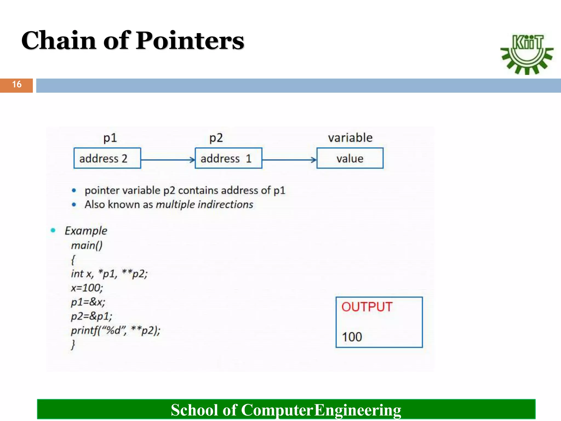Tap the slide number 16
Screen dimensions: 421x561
17,84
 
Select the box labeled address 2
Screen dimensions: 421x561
107,158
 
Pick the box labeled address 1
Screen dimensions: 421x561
228,158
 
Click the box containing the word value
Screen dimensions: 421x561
350,158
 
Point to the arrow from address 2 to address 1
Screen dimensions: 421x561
168,160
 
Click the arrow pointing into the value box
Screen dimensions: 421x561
289,160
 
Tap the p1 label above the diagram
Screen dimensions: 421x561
110,138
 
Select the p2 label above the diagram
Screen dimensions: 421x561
216,138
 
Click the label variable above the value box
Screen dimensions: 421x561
350,138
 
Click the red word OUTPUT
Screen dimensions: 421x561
367,307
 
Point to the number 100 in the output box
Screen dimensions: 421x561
352,337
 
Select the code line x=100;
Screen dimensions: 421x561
87,288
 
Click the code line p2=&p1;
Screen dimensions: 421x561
91,316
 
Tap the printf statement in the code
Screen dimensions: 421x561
115,331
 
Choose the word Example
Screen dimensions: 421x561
86,231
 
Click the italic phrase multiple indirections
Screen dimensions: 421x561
204,204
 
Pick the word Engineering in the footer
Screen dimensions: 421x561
357,410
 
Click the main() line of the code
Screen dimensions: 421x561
87,245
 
